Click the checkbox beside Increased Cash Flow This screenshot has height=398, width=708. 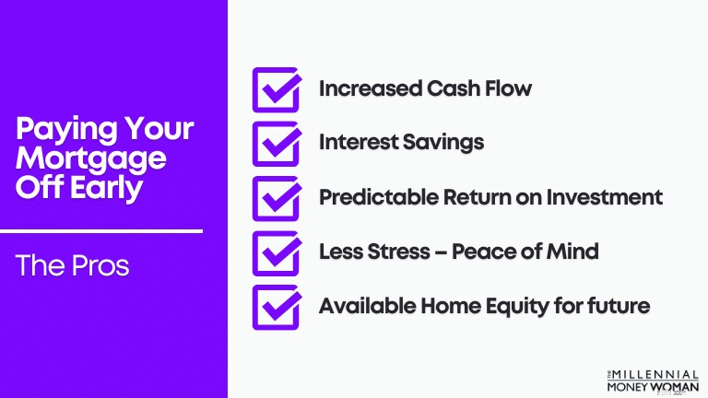[277, 89]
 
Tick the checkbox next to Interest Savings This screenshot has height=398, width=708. [277, 144]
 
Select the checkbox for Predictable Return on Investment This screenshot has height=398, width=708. [277, 199]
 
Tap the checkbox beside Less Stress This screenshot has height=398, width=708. [277, 253]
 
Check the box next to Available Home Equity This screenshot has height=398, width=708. [277, 308]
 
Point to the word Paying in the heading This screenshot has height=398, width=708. [66, 130]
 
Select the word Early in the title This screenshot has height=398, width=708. [107, 189]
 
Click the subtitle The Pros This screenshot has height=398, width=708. [72, 265]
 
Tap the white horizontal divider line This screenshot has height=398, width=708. [101, 231]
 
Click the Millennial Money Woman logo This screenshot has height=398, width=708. [653, 381]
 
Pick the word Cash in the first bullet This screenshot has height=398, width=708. [453, 88]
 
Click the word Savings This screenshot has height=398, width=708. [442, 143]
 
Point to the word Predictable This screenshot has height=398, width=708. [379, 197]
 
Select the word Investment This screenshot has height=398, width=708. [605, 197]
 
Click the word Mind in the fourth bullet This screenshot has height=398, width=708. [572, 252]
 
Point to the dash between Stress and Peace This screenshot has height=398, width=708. [441, 252]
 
